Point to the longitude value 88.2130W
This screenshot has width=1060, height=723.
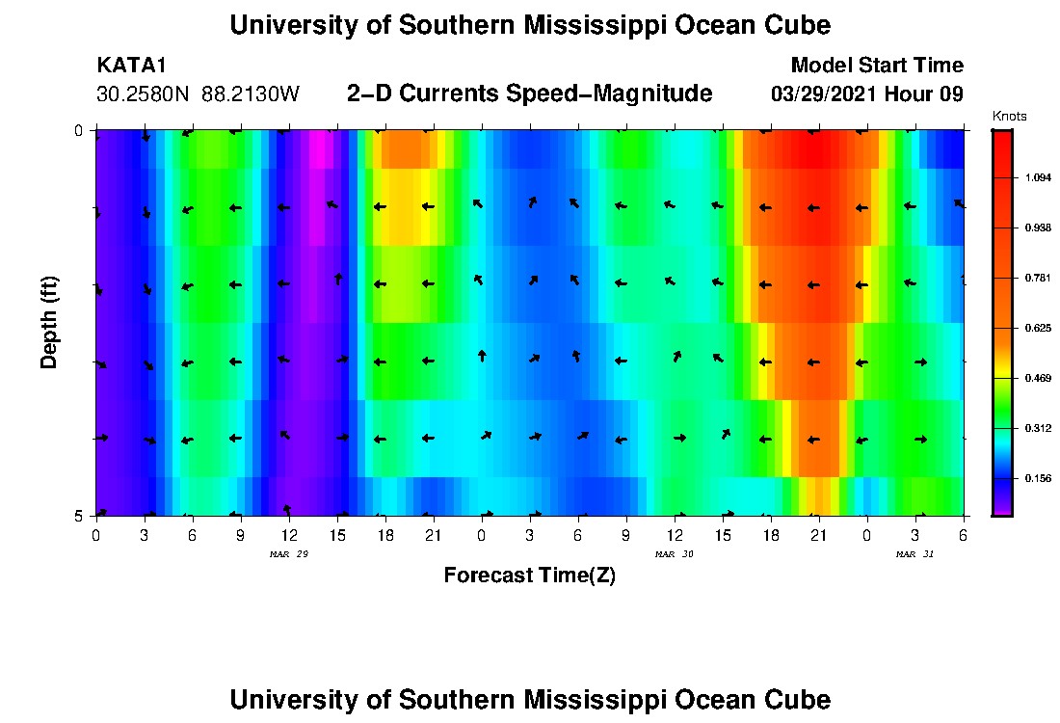(251, 94)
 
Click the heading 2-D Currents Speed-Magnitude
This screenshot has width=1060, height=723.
(529, 94)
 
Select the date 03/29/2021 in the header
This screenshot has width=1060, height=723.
(826, 94)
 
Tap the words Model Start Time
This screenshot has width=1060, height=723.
(876, 66)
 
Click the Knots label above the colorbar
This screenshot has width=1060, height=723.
(1009, 117)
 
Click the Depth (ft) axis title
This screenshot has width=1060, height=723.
(50, 323)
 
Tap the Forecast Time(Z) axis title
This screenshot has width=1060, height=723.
(529, 576)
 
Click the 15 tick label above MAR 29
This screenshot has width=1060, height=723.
(336, 534)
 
